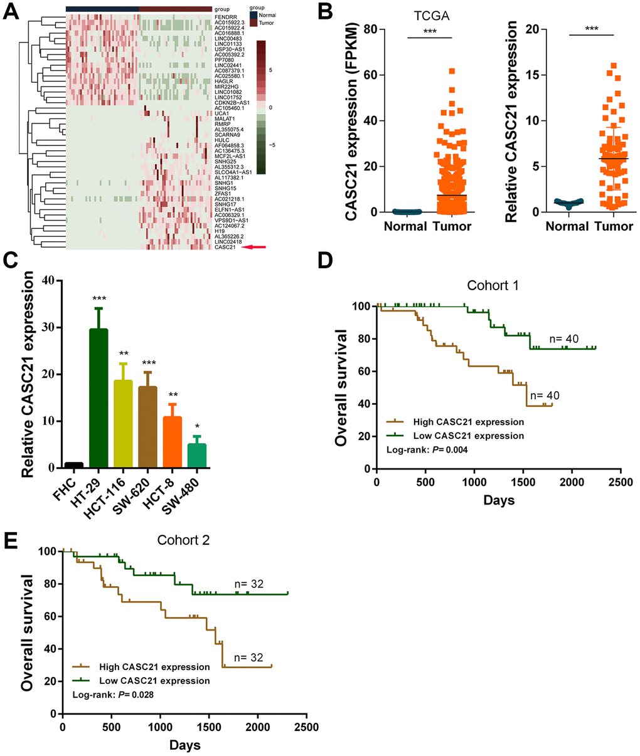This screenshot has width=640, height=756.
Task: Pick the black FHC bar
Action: [74, 465]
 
